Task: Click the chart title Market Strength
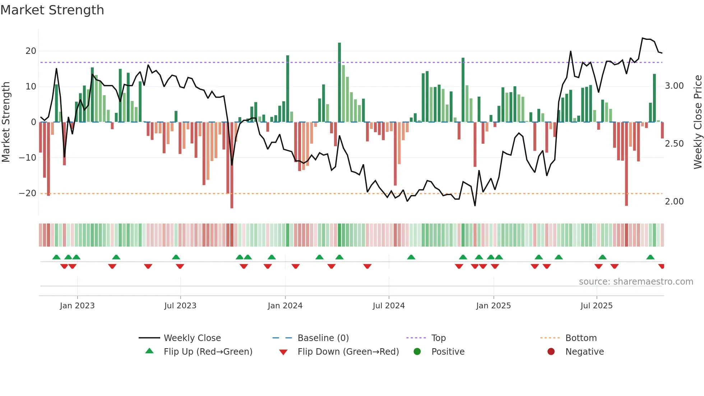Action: [52, 10]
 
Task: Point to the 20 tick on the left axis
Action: [31, 51]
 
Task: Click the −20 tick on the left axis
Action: [28, 193]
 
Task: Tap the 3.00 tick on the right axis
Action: [674, 86]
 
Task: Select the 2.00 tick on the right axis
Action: [674, 202]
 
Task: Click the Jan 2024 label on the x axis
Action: [285, 306]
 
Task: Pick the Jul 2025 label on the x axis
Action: [597, 306]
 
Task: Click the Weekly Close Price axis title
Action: [698, 122]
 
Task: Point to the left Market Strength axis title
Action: [6, 122]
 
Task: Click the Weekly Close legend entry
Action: [192, 338]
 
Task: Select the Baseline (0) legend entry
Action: [323, 338]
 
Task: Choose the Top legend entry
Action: [438, 338]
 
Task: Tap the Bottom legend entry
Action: [581, 338]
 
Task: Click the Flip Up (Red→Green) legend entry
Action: [208, 352]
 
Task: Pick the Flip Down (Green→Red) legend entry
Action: [348, 352]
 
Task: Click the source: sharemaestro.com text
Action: [636, 282]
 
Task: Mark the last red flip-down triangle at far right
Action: [662, 266]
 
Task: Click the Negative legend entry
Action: [584, 352]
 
